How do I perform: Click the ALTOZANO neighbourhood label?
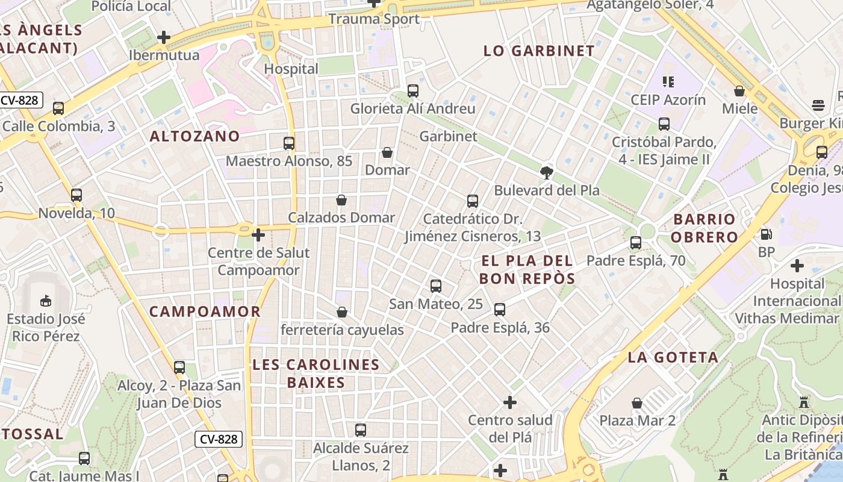(194, 136)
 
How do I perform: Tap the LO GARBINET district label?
(539, 51)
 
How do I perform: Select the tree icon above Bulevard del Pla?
(547, 173)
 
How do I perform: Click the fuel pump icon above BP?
(766, 234)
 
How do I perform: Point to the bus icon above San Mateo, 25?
(436, 286)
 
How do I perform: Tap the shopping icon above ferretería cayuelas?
(341, 312)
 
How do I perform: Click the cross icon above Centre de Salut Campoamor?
(258, 235)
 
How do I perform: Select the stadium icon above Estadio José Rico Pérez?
(46, 300)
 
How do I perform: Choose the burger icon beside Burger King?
(818, 106)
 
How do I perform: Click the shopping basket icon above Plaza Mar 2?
(637, 402)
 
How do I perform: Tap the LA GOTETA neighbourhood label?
(673, 357)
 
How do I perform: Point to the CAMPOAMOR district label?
(205, 311)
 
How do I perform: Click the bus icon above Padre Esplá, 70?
(636, 243)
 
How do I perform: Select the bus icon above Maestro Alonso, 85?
(289, 143)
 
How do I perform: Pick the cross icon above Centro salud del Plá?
(510, 402)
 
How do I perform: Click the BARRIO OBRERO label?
(705, 228)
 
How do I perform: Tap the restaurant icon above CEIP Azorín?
(668, 81)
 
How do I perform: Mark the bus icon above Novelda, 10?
(76, 195)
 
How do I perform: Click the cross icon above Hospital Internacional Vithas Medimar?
(797, 265)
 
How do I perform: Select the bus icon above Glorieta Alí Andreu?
(413, 91)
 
